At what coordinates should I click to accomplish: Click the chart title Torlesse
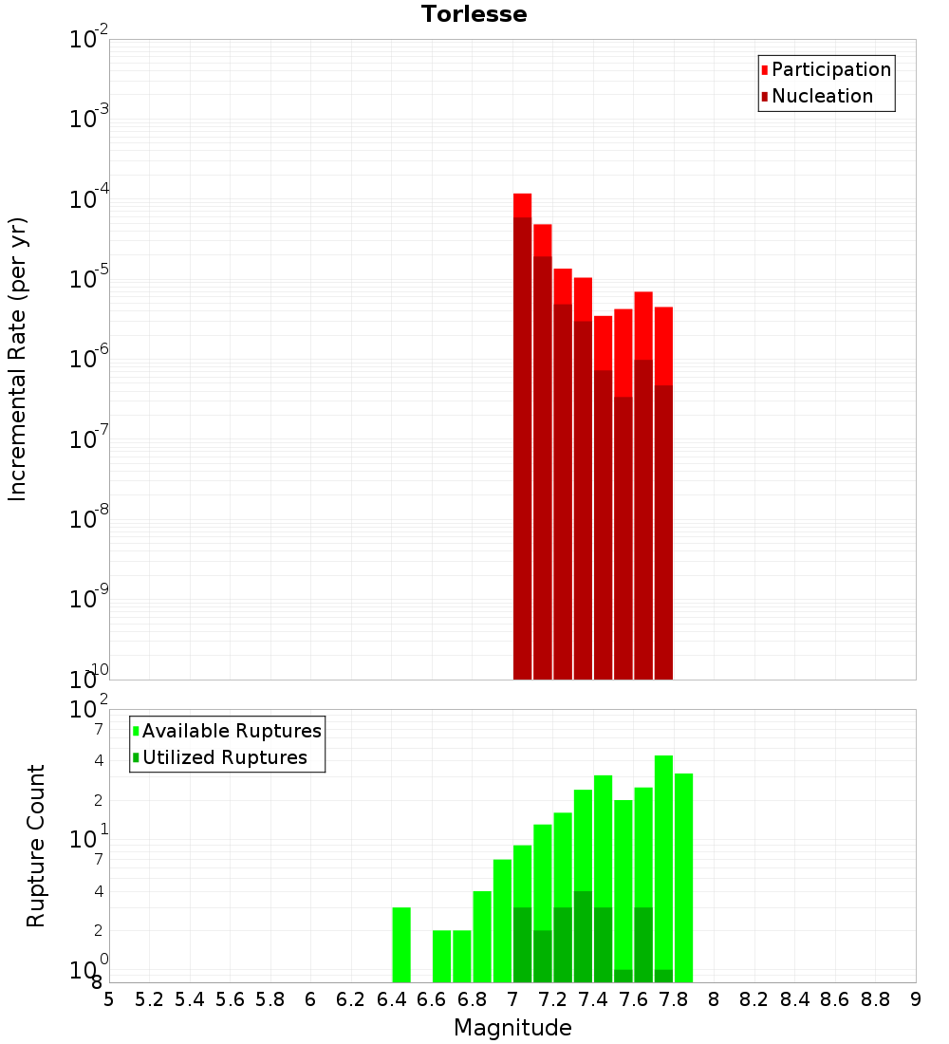pos(474,14)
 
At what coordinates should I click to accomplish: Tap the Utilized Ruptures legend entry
pos(224,757)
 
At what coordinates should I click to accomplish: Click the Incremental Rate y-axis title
pos(18,359)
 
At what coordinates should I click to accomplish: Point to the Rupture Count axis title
pos(36,846)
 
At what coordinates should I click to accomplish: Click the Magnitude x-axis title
pos(512,1028)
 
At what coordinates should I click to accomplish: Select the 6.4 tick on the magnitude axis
pos(391,999)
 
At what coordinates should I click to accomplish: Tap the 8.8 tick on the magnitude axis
pos(875,999)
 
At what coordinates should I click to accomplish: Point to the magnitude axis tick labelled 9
pos(916,999)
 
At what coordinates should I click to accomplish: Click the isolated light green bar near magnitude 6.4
pos(401,944)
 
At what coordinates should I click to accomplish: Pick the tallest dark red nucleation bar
pos(522,446)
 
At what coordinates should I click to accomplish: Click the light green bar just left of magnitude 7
pos(502,921)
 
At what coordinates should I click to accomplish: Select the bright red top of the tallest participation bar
pos(522,205)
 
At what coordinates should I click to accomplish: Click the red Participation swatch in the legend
pos(765,69)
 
